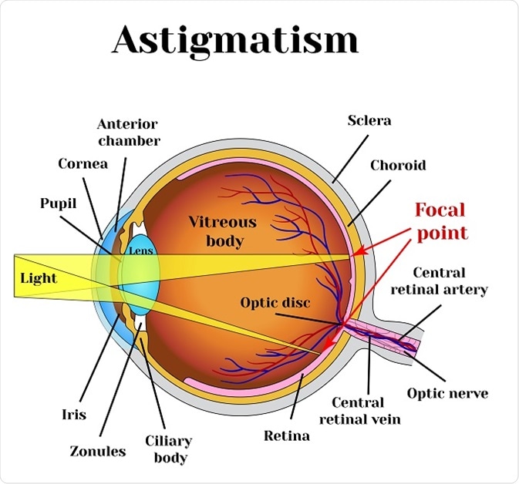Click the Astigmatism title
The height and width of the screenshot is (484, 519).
(235, 40)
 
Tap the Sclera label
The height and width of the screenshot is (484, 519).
(369, 120)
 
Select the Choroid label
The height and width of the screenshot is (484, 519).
(397, 165)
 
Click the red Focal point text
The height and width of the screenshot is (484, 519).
(440, 220)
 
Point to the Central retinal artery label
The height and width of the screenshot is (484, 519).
(450, 281)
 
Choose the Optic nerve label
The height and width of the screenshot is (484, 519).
(447, 393)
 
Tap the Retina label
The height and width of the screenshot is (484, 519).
(286, 435)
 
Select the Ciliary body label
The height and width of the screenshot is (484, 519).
(167, 449)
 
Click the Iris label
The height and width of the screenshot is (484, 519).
(73, 415)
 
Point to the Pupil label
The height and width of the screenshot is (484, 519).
(59, 203)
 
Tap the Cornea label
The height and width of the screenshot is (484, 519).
(82, 163)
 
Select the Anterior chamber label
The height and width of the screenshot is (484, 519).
(129, 132)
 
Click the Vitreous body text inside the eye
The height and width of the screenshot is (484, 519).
(223, 231)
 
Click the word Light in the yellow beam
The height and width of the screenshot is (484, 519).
(39, 277)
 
